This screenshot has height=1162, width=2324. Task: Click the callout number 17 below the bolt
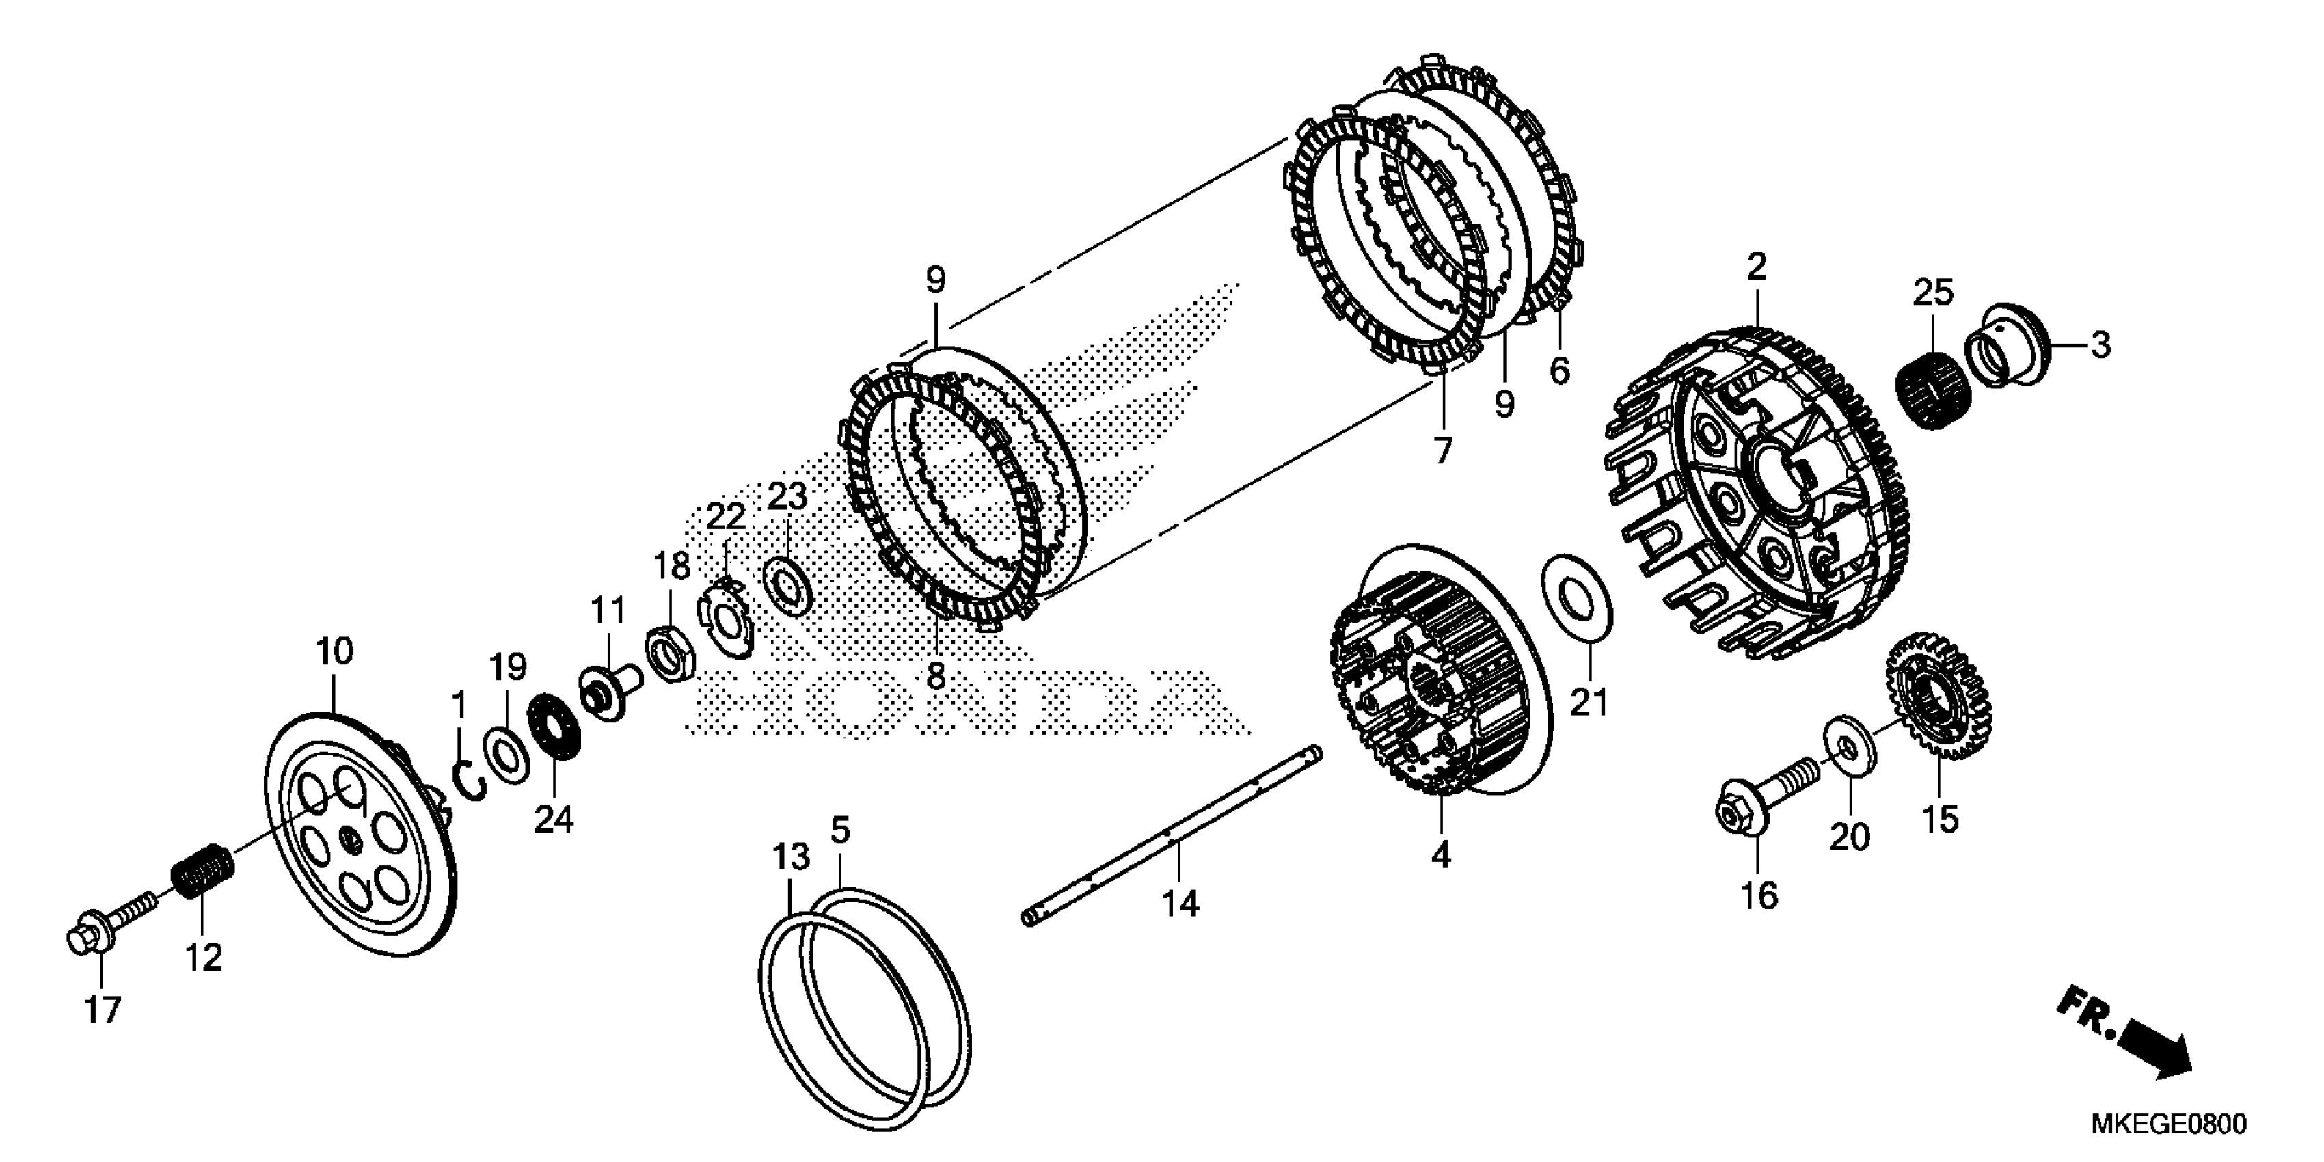tap(102, 1010)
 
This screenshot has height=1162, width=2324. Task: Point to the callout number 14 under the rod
tap(1180, 902)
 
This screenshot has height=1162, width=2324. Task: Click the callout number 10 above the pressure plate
tap(335, 651)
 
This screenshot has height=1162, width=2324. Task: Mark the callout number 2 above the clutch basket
tap(1755, 267)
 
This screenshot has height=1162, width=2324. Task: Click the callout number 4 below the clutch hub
tap(1441, 854)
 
